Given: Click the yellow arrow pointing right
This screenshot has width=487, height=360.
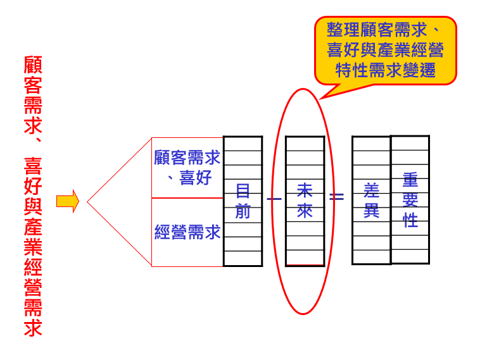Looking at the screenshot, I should tap(67, 201).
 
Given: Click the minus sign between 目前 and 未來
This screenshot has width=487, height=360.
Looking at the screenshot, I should tap(274, 199).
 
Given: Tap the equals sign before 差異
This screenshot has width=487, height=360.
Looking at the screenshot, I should tap(338, 197).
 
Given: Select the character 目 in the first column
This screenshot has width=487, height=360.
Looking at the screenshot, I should tap(243, 190).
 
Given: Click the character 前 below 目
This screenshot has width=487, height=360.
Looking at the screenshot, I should tap(243, 211).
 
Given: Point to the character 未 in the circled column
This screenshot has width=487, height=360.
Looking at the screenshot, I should tap(305, 190).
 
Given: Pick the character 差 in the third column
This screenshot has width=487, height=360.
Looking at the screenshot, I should tap(372, 190).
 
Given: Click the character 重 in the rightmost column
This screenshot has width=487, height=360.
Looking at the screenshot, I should tap(410, 180).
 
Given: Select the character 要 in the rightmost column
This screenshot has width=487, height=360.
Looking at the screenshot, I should tap(410, 200).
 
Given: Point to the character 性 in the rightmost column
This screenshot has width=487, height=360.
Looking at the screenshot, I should tap(410, 221).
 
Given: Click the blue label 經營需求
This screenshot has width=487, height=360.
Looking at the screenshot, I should tap(187, 232).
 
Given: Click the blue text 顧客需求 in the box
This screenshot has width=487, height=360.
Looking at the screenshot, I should tap(187, 157).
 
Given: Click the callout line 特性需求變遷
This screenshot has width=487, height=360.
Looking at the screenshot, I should tap(385, 70).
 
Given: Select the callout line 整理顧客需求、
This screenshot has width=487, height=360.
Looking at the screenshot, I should tap(385, 30).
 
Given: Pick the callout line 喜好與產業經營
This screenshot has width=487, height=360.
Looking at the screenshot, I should tap(385, 50).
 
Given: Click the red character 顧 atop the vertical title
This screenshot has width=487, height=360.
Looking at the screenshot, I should tap(33, 65).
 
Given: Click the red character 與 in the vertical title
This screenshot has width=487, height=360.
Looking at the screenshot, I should tap(33, 206).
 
